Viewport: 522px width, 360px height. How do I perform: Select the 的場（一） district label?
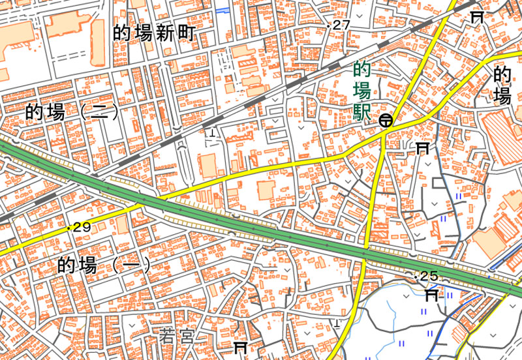pyautogui.click(x=104, y=265)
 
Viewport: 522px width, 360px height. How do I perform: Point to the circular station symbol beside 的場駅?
pyautogui.click(x=386, y=120)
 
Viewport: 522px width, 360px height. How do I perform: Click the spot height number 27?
pyautogui.click(x=341, y=25)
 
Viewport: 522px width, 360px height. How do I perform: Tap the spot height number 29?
pyautogui.click(x=82, y=227)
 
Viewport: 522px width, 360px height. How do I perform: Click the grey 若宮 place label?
pyautogui.click(x=177, y=337)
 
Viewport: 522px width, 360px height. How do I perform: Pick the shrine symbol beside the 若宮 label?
pyautogui.click(x=240, y=347)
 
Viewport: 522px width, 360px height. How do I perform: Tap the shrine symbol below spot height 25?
pyautogui.click(x=432, y=296)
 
